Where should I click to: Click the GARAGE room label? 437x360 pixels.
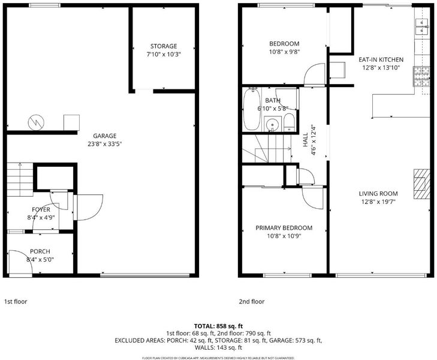[x=104, y=136]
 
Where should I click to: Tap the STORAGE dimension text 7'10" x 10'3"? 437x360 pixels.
[x=164, y=55]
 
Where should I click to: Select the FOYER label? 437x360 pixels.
[x=41, y=209]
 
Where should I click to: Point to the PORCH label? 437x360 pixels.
[x=40, y=251]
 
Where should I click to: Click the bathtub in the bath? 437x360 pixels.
[x=252, y=109]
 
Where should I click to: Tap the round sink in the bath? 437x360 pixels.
[x=271, y=124]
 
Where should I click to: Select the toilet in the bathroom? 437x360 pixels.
[x=290, y=122]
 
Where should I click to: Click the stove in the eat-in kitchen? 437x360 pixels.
[x=421, y=76]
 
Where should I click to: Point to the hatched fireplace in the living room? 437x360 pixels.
[x=421, y=184]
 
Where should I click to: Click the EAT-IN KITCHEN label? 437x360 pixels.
[x=381, y=59]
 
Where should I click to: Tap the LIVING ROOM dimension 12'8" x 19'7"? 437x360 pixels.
[x=378, y=202]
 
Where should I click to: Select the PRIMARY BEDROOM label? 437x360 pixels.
[x=284, y=228]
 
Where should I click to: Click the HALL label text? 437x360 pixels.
[x=306, y=139]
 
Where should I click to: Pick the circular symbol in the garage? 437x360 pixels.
[x=36, y=122]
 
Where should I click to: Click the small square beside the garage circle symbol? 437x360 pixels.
[x=71, y=122]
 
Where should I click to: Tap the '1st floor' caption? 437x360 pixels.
[x=16, y=301]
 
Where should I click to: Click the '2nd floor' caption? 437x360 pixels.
[x=252, y=301]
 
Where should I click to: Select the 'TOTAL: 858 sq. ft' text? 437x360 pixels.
[x=218, y=326]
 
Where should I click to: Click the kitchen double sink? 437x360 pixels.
[x=421, y=26]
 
